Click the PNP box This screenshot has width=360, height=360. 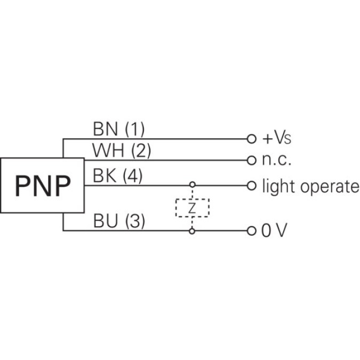[x=42, y=185]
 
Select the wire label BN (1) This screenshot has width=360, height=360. [x=118, y=129]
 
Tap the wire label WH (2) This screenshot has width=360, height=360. [x=122, y=151]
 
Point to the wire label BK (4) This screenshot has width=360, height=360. [x=117, y=176]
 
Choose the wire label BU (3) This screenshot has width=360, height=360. [x=118, y=221]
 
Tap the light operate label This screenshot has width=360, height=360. [x=310, y=186]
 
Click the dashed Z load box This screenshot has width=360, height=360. [x=193, y=208]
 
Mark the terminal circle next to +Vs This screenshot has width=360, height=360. [x=252, y=139]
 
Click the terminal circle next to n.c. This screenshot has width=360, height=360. [x=252, y=160]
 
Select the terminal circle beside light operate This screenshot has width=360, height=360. [x=252, y=186]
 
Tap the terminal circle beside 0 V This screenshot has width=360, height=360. [x=252, y=231]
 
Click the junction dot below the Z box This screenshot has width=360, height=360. [x=193, y=231]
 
